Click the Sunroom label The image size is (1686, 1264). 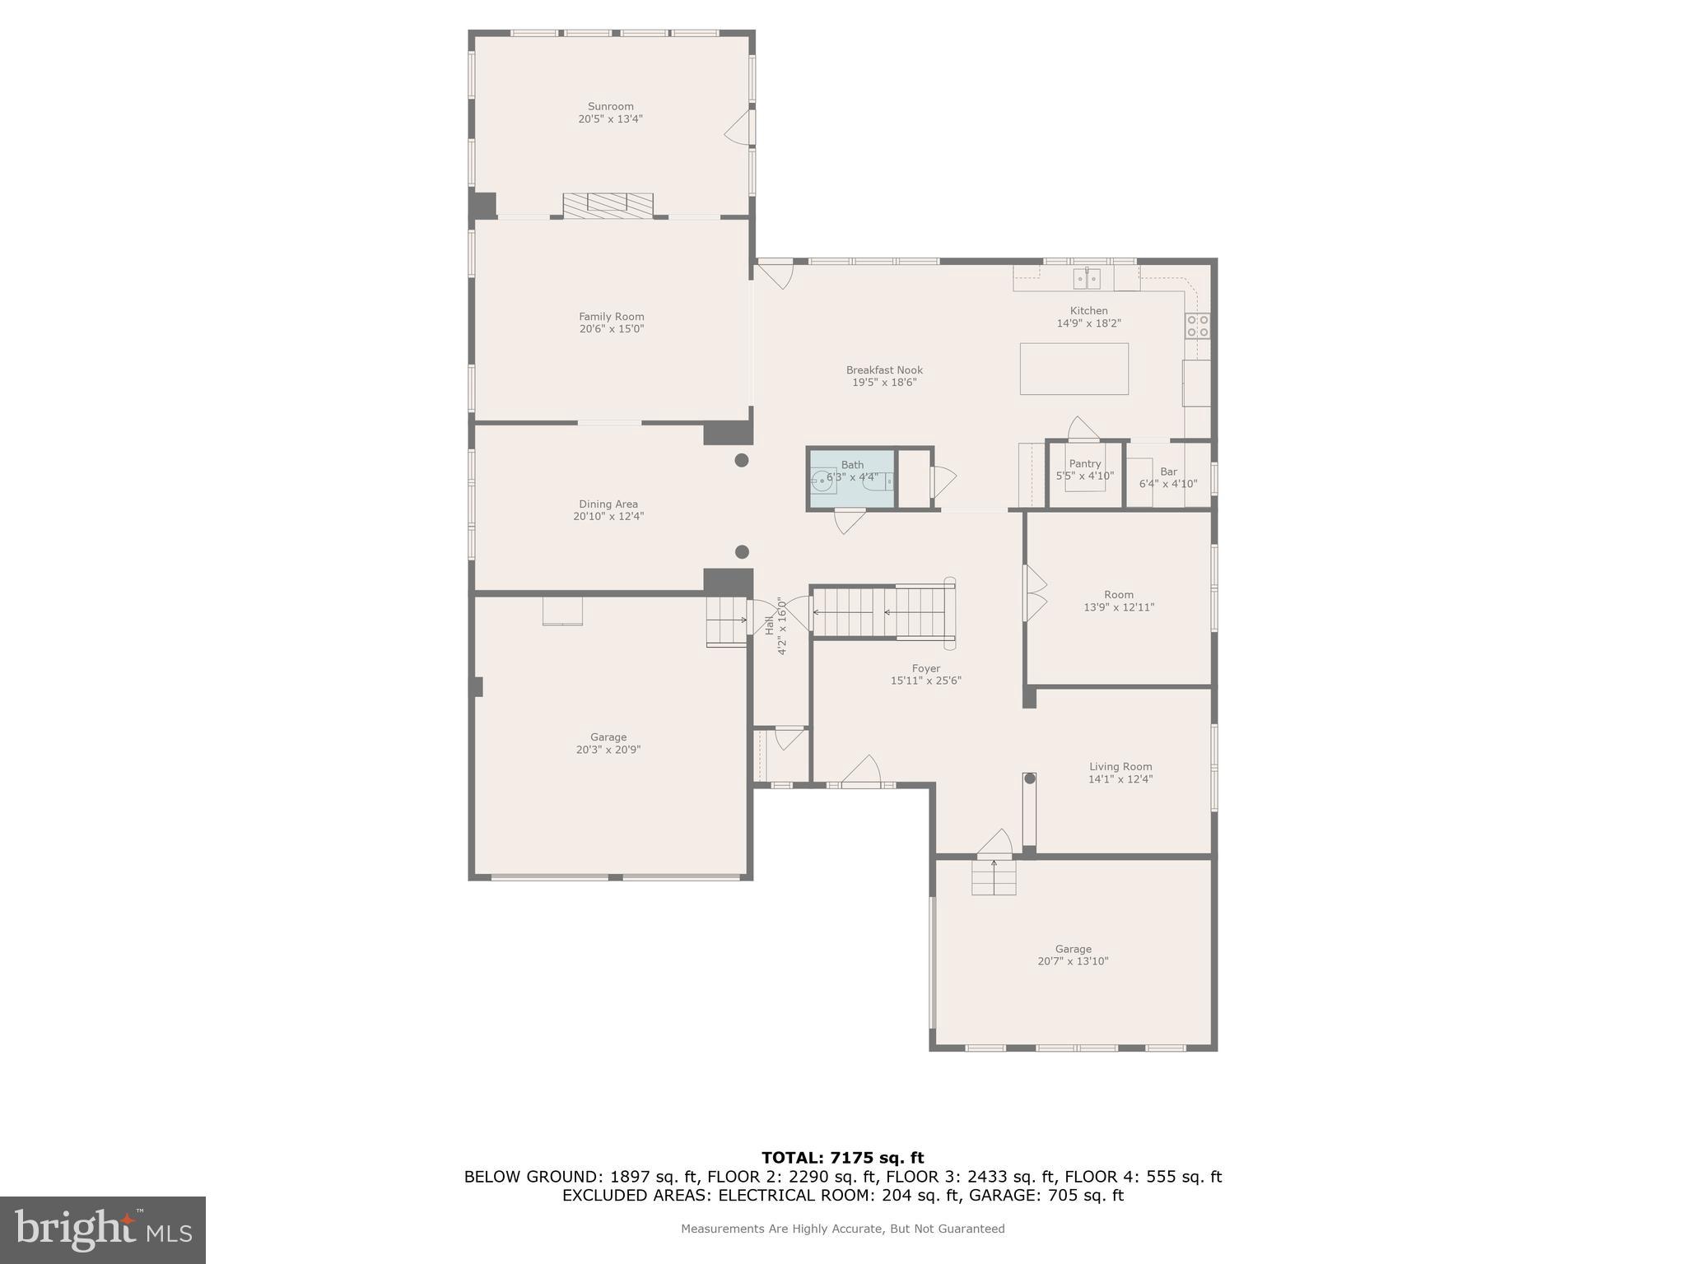tap(610, 106)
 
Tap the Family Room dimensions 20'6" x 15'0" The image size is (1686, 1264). tap(611, 329)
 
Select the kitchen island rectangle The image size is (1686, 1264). tap(1074, 369)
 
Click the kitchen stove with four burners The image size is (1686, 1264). tap(1197, 326)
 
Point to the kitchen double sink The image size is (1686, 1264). tap(1087, 279)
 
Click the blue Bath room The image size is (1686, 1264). tap(851, 479)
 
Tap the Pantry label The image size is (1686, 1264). tap(1084, 464)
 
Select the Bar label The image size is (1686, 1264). tap(1168, 472)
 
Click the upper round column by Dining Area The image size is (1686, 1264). tap(742, 460)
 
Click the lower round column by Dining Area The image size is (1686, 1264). tap(742, 552)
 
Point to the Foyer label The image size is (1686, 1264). tap(925, 668)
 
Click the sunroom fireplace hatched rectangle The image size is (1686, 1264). tap(608, 205)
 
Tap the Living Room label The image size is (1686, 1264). tap(1120, 766)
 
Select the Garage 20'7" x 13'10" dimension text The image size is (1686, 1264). tap(1073, 961)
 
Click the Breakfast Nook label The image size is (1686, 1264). tap(884, 370)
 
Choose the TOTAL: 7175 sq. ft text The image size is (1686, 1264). tap(842, 1158)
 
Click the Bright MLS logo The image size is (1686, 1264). tap(103, 1229)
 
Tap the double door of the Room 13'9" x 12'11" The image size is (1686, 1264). tap(1034, 593)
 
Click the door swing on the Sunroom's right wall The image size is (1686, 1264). tap(738, 129)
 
